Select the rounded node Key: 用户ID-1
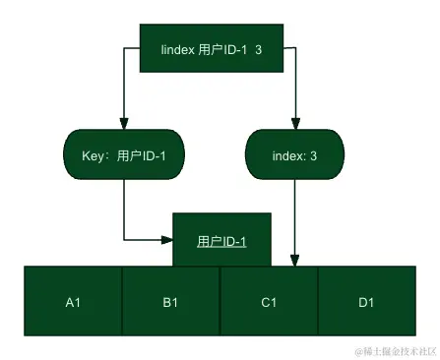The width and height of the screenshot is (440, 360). pos(124,155)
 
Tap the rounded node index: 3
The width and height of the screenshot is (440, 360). pos(294,155)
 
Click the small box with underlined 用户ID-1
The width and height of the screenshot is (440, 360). pos(221,240)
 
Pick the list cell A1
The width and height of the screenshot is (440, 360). pos(73,302)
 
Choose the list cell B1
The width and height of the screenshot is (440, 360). pos(170,302)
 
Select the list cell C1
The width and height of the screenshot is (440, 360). pos(268,302)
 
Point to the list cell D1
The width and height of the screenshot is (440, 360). pos(366,302)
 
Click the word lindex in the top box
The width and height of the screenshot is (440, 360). pos(177,49)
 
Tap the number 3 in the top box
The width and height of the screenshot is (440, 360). pos(258,49)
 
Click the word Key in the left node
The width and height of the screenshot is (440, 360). pos(93,155)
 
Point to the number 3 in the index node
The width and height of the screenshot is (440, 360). pos(313,155)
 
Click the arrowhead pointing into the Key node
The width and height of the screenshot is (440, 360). pos(124,124)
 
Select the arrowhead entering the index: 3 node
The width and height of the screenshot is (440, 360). pos(294,124)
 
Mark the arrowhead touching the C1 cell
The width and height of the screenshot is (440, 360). pos(294,261)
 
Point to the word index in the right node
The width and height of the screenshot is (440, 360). pos(287,155)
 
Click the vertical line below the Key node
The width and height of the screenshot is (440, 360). pos(124,209)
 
